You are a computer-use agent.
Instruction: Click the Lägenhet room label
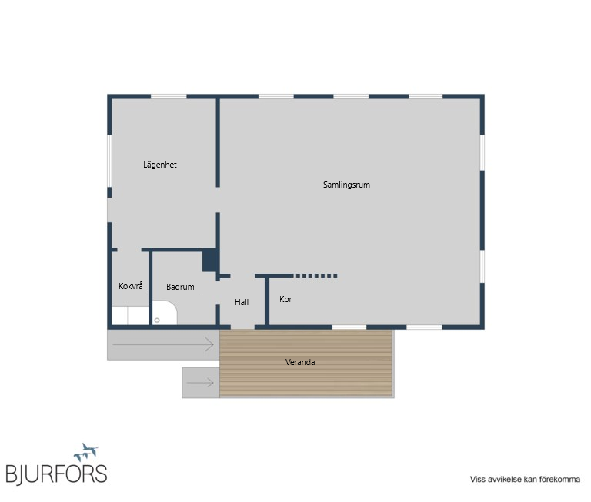[160, 165]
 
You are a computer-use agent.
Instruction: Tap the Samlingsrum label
[346, 185]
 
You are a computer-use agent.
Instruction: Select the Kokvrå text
[130, 286]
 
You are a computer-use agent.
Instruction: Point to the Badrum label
[180, 287]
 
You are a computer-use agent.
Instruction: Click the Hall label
[242, 302]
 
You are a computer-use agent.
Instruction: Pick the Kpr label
[285, 299]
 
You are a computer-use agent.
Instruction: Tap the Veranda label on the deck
[300, 362]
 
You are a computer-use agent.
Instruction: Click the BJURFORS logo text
[56, 474]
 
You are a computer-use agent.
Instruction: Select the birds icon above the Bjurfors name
[86, 452]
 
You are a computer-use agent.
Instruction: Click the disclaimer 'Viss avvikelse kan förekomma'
[525, 480]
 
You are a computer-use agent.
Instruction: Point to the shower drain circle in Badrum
[157, 321]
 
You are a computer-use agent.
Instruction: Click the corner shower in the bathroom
[165, 313]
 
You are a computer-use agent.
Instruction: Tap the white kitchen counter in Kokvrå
[130, 316]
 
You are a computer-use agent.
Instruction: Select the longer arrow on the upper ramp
[163, 344]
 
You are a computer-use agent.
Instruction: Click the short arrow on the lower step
[200, 383]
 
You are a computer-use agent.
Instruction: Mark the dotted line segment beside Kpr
[316, 276]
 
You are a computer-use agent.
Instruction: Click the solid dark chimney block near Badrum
[209, 261]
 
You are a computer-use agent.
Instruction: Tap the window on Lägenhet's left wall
[109, 161]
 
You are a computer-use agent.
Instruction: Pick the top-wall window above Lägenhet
[169, 97]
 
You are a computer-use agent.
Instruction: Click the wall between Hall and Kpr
[267, 301]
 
